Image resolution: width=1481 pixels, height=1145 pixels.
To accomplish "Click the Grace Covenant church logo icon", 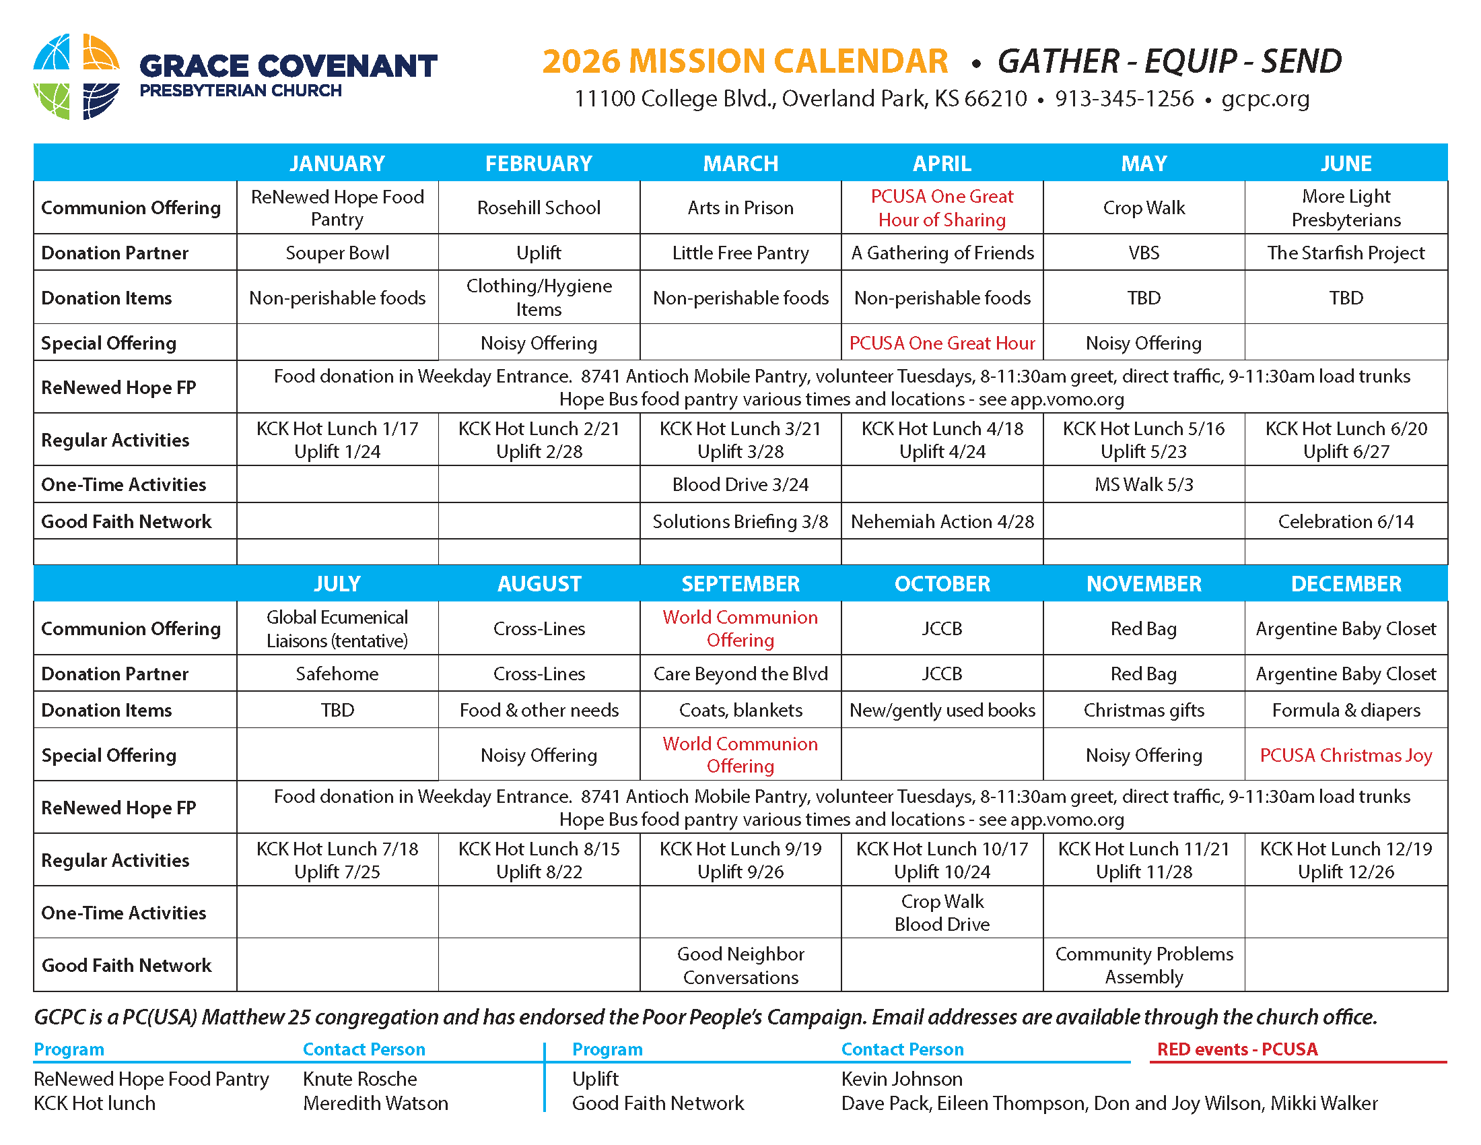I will pyautogui.click(x=76, y=76).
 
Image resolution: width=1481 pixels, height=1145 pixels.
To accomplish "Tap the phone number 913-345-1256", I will pyautogui.click(x=1124, y=99).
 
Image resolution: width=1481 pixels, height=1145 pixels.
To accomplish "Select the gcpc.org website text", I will pyautogui.click(x=1265, y=99).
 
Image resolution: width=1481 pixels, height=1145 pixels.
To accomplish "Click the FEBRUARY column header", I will pyautogui.click(x=539, y=164).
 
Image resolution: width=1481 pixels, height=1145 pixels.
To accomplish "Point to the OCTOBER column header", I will pyautogui.click(x=942, y=584).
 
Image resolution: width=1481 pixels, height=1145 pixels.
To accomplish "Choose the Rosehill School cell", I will pyautogui.click(x=539, y=207).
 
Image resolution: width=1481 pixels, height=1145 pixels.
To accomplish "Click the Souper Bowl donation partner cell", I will pyautogui.click(x=337, y=253).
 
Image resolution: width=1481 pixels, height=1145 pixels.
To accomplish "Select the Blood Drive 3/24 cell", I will pyautogui.click(x=740, y=484).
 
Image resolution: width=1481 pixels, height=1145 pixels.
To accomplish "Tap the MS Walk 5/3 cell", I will pyautogui.click(x=1143, y=484).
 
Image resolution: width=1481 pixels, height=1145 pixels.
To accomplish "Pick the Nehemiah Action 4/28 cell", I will pyautogui.click(x=942, y=521).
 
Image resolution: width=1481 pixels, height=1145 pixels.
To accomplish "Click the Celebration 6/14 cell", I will pyautogui.click(x=1346, y=521).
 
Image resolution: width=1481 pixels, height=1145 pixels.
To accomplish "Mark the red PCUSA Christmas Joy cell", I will pyautogui.click(x=1346, y=755).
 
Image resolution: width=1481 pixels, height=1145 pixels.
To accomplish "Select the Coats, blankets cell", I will pyautogui.click(x=740, y=710).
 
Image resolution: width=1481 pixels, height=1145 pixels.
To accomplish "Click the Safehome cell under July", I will pyautogui.click(x=337, y=674).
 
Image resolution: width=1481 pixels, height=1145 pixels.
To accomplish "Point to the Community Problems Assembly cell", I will pyautogui.click(x=1143, y=965).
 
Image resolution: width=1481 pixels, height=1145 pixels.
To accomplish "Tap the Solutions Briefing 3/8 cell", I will pyautogui.click(x=740, y=521).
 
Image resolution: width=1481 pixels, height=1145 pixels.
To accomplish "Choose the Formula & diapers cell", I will pyautogui.click(x=1346, y=710).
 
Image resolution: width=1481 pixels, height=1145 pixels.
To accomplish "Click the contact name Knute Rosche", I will pyautogui.click(x=359, y=1079).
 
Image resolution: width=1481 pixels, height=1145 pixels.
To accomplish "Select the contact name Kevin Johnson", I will pyautogui.click(x=901, y=1079).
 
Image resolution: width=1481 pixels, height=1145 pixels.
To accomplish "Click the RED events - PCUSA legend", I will pyautogui.click(x=1236, y=1049).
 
